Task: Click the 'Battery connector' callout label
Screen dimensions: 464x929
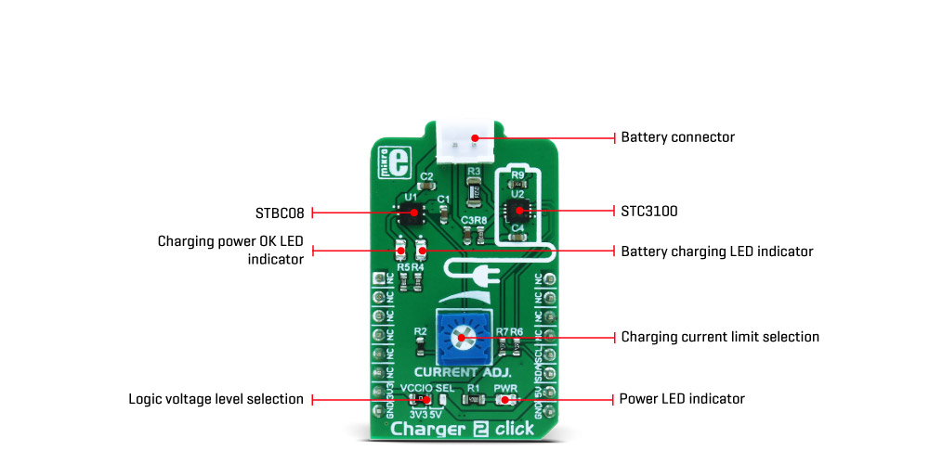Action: tap(677, 137)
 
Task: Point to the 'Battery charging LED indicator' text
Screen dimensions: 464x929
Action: tap(716, 251)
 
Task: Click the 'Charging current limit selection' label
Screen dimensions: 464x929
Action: tap(720, 337)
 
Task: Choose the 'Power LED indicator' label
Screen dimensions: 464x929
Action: tap(682, 399)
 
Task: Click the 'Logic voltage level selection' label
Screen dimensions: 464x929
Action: tap(216, 399)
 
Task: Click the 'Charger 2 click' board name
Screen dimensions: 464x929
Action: tap(461, 429)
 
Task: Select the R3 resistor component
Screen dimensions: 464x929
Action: tap(473, 192)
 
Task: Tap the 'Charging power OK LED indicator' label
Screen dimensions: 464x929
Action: tap(230, 251)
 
